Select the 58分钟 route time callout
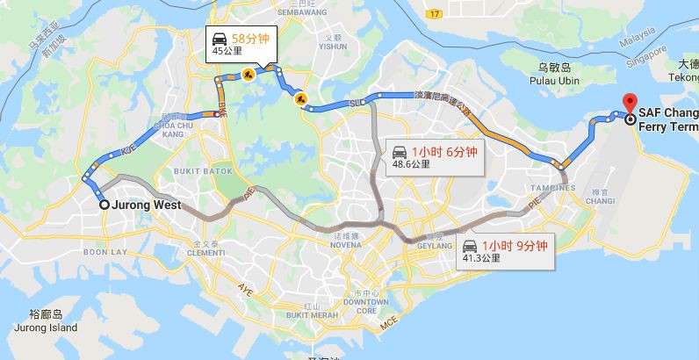tap(241, 43)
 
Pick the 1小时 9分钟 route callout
tap(504, 251)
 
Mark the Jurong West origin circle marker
tap(104, 205)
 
